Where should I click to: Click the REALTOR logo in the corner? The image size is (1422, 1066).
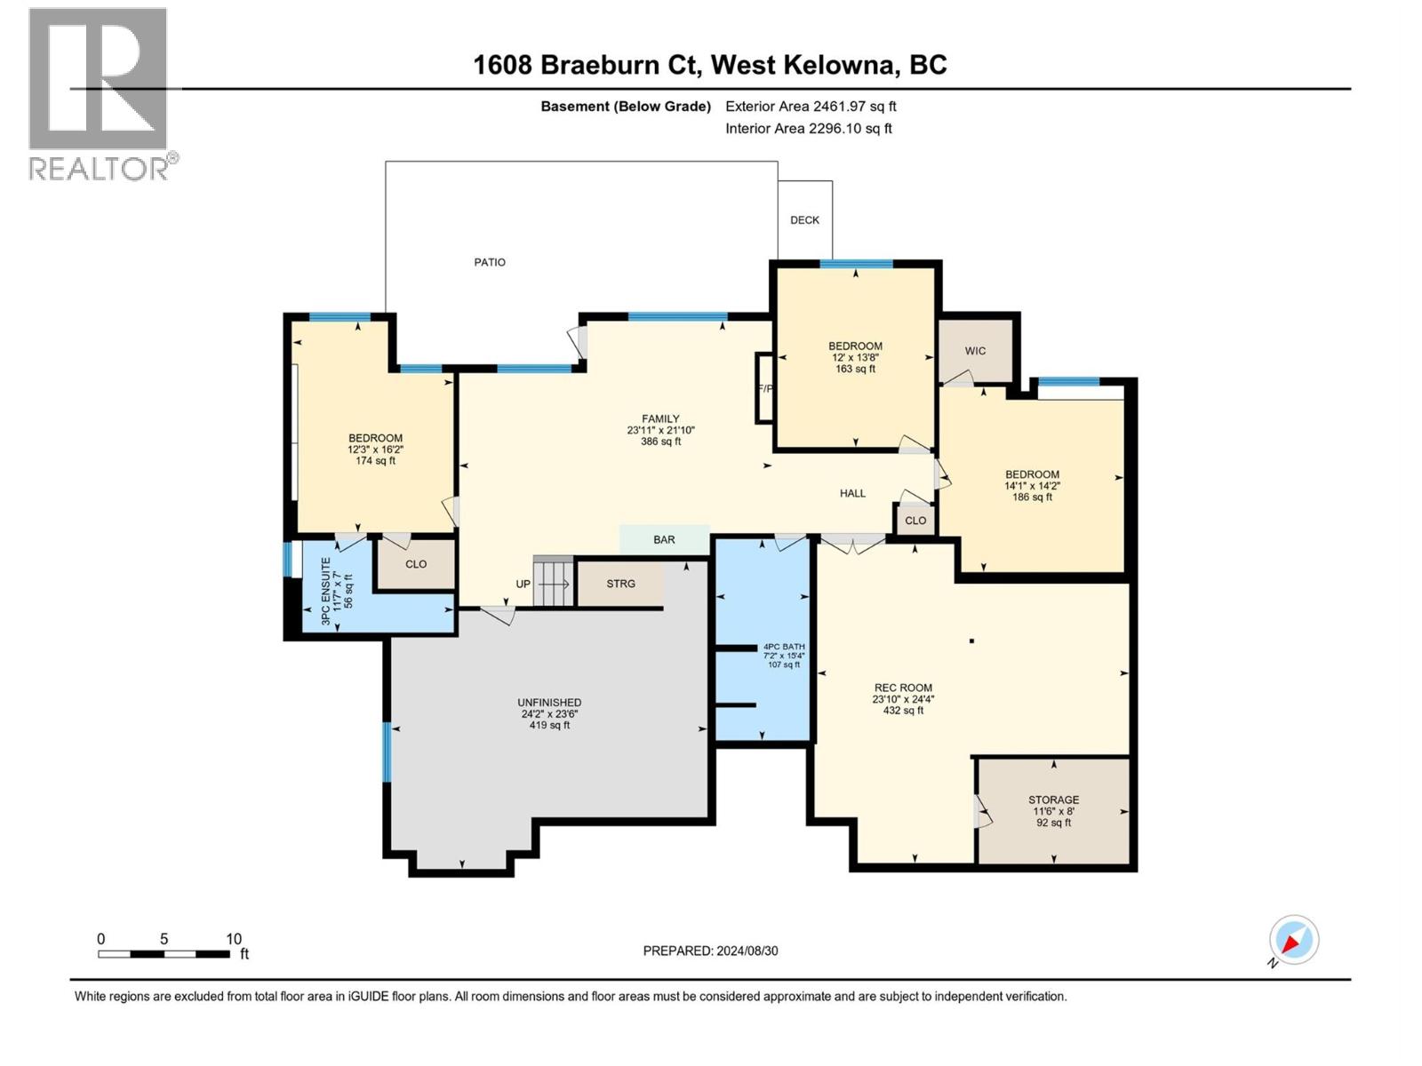(99, 93)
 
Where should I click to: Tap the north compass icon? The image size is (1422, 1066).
(1293, 940)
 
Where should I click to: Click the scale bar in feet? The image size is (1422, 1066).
(164, 954)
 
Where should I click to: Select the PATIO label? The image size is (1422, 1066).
(490, 262)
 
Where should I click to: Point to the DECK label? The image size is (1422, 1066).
(804, 220)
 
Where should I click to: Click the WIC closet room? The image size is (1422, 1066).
(975, 351)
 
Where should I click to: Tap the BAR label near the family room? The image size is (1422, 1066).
(664, 540)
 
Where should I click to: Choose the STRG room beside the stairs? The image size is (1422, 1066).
(620, 584)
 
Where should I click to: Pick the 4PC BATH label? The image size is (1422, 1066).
(783, 647)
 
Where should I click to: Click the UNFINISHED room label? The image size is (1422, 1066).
(549, 703)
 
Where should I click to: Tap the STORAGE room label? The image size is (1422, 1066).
(1053, 799)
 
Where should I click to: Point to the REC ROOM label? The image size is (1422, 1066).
(903, 688)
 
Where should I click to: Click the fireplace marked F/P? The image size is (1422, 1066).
(764, 388)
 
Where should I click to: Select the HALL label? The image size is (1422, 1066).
(852, 493)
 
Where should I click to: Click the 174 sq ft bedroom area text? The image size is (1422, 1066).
(375, 461)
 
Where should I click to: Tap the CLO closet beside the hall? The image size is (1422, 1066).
(915, 521)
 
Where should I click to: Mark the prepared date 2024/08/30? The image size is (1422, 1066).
(710, 951)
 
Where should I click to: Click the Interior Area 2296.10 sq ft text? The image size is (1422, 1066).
(808, 129)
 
